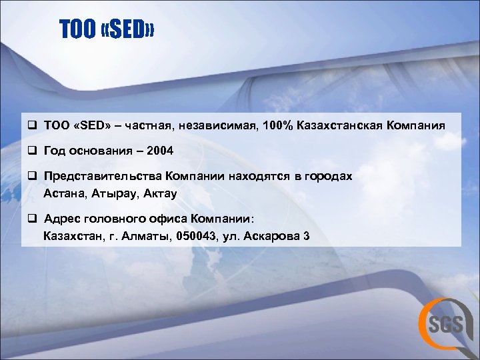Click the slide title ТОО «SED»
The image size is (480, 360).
(x=107, y=29)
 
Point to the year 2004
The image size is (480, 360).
(x=160, y=151)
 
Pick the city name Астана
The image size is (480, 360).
(x=63, y=193)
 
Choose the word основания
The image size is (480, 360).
(x=99, y=151)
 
